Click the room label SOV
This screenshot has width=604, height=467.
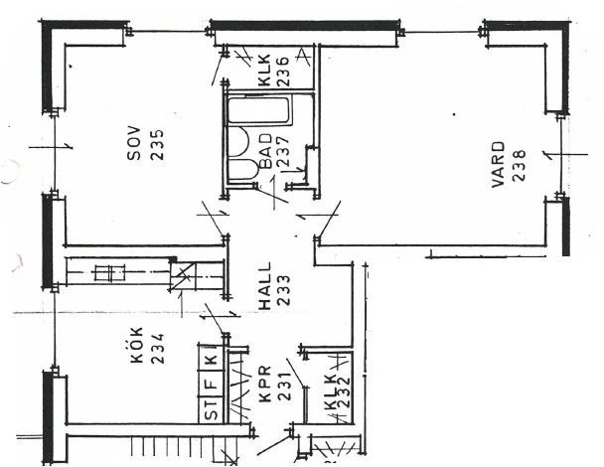134,143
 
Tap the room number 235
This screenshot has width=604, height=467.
157,144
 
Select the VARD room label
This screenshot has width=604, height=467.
498,165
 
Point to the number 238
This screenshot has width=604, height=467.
519,165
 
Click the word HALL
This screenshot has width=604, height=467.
264,286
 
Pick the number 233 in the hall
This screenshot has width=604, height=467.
284,290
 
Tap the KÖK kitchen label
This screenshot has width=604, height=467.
136,345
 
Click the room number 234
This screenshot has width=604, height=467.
158,349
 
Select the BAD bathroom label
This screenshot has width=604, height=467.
266,151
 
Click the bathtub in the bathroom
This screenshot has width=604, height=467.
258,110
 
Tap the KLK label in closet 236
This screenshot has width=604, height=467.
264,71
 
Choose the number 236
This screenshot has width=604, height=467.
283,72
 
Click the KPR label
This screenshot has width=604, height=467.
265,384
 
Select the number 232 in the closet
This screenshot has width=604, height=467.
343,391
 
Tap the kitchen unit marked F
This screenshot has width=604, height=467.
211,384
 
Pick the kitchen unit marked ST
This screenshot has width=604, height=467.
211,410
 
